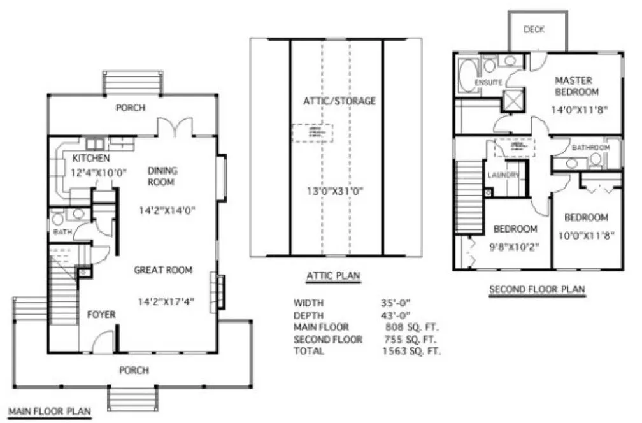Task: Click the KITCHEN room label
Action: pyautogui.click(x=90, y=158)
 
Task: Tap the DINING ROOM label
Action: pyautogui.click(x=162, y=176)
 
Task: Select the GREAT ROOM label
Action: pyautogui.click(x=163, y=270)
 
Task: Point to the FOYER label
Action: pyautogui.click(x=101, y=314)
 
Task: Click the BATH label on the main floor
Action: pyautogui.click(x=61, y=233)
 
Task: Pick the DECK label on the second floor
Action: pyautogui.click(x=534, y=29)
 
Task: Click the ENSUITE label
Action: pyautogui.click(x=489, y=83)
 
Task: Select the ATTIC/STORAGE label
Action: pyautogui.click(x=339, y=101)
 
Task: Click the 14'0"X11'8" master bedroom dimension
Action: pyautogui.click(x=578, y=109)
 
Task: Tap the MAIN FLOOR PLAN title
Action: pyautogui.click(x=48, y=411)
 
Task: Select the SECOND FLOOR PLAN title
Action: pyautogui.click(x=536, y=290)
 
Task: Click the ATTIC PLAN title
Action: pyautogui.click(x=333, y=275)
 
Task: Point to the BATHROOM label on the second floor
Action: pyautogui.click(x=590, y=148)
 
